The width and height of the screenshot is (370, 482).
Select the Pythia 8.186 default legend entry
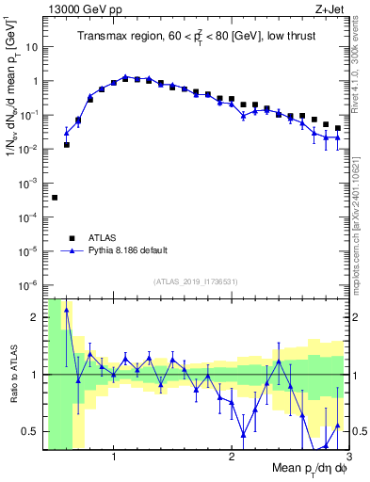click(115, 250)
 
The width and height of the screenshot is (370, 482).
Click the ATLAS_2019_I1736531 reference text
click(196, 281)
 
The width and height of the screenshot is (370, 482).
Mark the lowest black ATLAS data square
click(55, 198)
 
